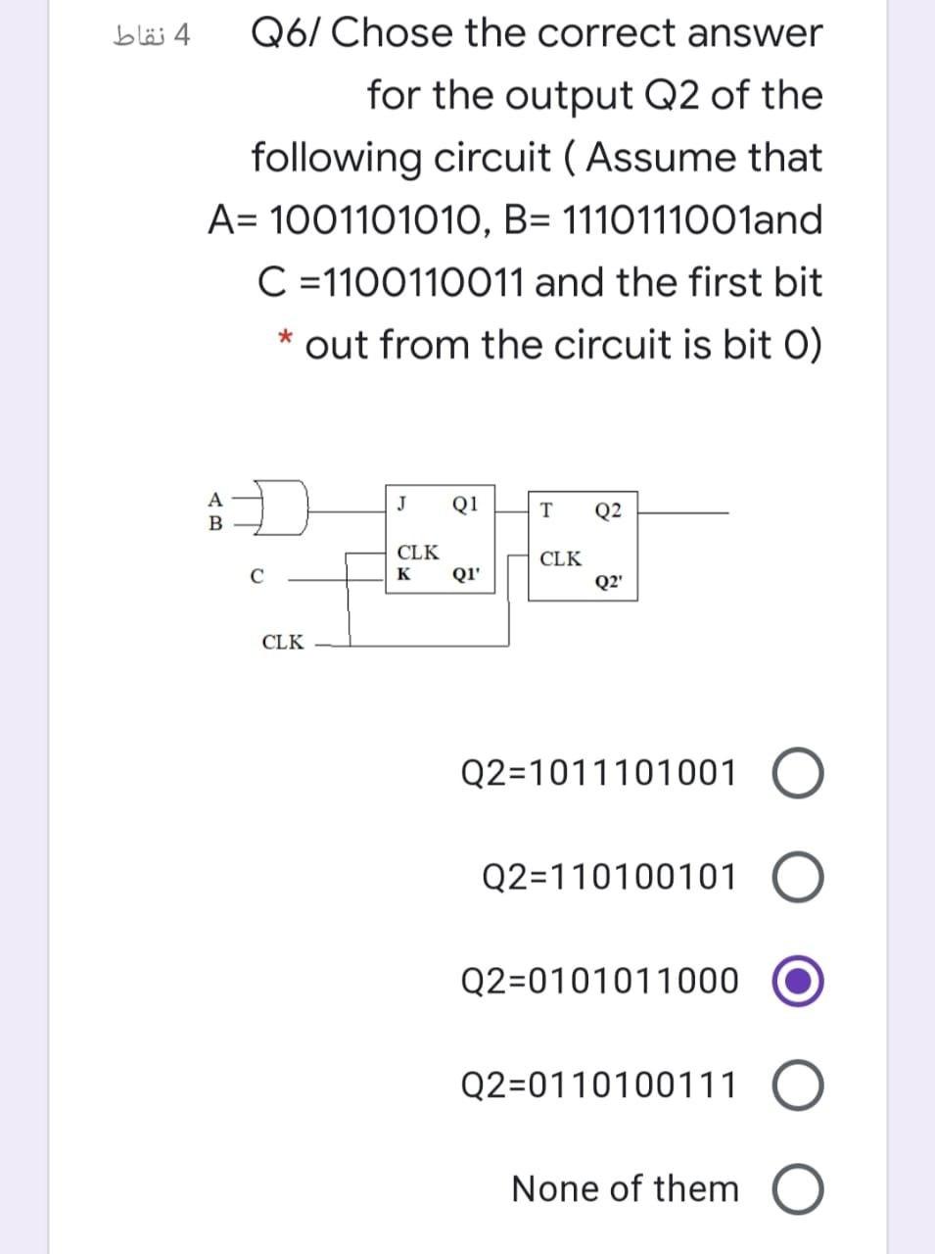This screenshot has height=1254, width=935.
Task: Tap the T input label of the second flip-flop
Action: click(546, 509)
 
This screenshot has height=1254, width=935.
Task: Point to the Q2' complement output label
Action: click(608, 581)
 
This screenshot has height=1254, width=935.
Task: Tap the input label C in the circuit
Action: click(257, 578)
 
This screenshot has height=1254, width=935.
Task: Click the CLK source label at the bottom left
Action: click(283, 643)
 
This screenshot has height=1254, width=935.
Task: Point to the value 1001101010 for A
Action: click(373, 220)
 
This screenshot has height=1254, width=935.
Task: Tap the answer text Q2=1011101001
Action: click(598, 774)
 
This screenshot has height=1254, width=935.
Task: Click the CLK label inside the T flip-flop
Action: click(560, 559)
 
